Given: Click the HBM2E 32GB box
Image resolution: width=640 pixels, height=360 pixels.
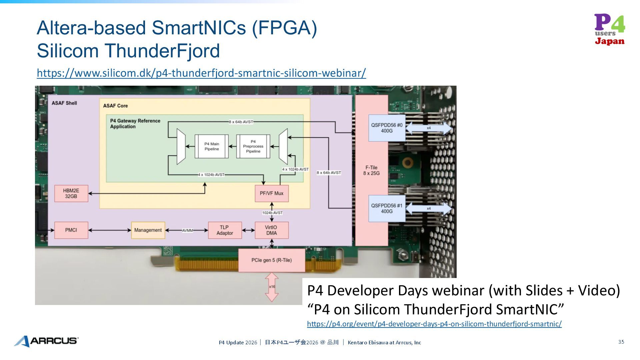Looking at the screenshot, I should tap(71, 194).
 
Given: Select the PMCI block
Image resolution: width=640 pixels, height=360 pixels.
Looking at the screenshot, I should tap(71, 230).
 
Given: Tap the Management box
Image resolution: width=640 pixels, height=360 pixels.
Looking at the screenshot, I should tap(148, 230).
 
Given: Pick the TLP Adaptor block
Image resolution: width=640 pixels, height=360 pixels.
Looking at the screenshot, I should tap(225, 230).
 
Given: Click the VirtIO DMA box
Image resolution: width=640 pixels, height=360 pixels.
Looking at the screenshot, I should tap(271, 230).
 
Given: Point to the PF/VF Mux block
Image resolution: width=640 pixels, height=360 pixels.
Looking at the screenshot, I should tap(271, 193).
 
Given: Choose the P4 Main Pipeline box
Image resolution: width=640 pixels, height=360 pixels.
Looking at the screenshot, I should tap(212, 146).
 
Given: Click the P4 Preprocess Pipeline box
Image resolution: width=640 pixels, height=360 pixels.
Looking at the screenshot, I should tap(253, 146).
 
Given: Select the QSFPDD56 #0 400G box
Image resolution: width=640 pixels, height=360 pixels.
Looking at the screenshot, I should tap(387, 128).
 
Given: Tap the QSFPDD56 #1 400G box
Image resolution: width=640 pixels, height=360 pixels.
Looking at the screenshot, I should tap(387, 208).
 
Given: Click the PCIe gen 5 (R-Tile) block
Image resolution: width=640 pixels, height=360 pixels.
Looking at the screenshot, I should tap(271, 260).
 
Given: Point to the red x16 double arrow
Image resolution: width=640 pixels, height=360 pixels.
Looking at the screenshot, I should tap(272, 287).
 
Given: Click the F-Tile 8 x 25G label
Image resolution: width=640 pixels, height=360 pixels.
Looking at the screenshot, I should tap(371, 170).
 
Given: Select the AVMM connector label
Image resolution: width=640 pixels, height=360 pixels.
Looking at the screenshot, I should tap(187, 230).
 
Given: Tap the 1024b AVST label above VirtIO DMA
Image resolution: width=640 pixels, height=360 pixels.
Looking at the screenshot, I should tap(272, 213).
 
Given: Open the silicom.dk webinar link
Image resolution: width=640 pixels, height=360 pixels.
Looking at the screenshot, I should tap(201, 73).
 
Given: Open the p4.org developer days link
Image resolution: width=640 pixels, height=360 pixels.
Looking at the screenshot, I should tap(434, 324).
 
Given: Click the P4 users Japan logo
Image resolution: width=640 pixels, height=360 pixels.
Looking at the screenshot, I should tap(609, 29).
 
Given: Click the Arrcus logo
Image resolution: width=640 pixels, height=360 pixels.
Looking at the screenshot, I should tap(46, 341).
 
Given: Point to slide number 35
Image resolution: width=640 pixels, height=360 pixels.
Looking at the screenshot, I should tap(621, 342).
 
